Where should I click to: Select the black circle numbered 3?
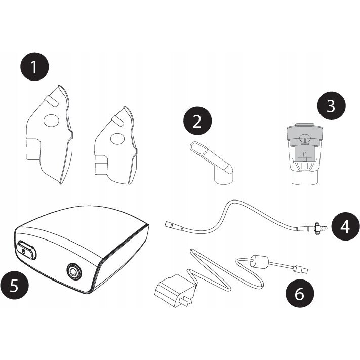point(331,106)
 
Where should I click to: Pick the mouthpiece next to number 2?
point(213,162)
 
